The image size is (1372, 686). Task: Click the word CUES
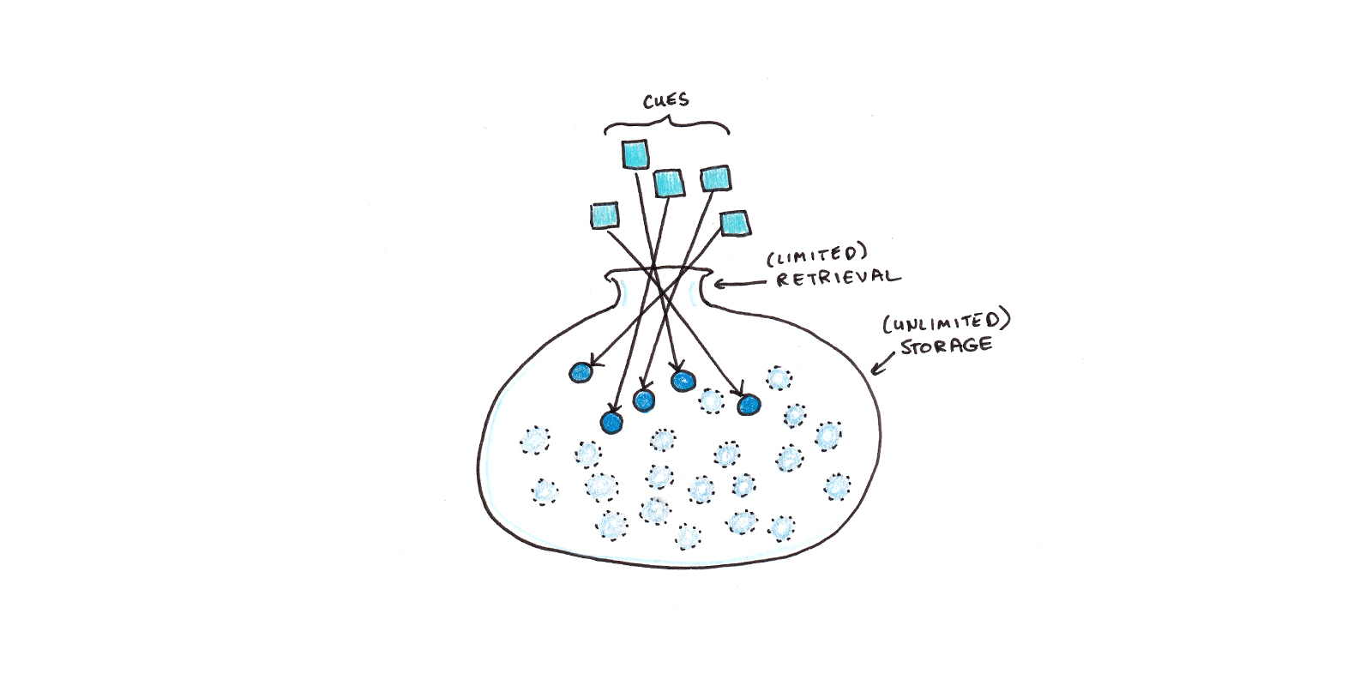tap(666, 101)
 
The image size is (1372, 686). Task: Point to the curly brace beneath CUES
tap(666, 127)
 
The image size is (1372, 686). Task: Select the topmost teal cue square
tap(635, 155)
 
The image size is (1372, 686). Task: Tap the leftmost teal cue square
tap(605, 214)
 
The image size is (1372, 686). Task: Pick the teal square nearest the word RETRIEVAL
tap(734, 223)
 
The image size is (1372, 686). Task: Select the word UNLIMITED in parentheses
tap(947, 322)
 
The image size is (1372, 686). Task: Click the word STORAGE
tap(946, 346)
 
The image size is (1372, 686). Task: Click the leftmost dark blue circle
tap(581, 372)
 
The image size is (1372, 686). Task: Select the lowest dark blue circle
tap(611, 422)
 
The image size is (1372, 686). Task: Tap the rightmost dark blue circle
tap(749, 405)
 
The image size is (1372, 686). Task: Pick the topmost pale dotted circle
tap(778, 378)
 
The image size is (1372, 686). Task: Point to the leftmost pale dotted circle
tap(535, 441)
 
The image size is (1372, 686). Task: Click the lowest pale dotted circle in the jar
tap(688, 537)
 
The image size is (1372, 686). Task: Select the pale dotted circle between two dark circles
tap(711, 400)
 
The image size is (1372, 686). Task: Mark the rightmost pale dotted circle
tap(838, 487)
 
